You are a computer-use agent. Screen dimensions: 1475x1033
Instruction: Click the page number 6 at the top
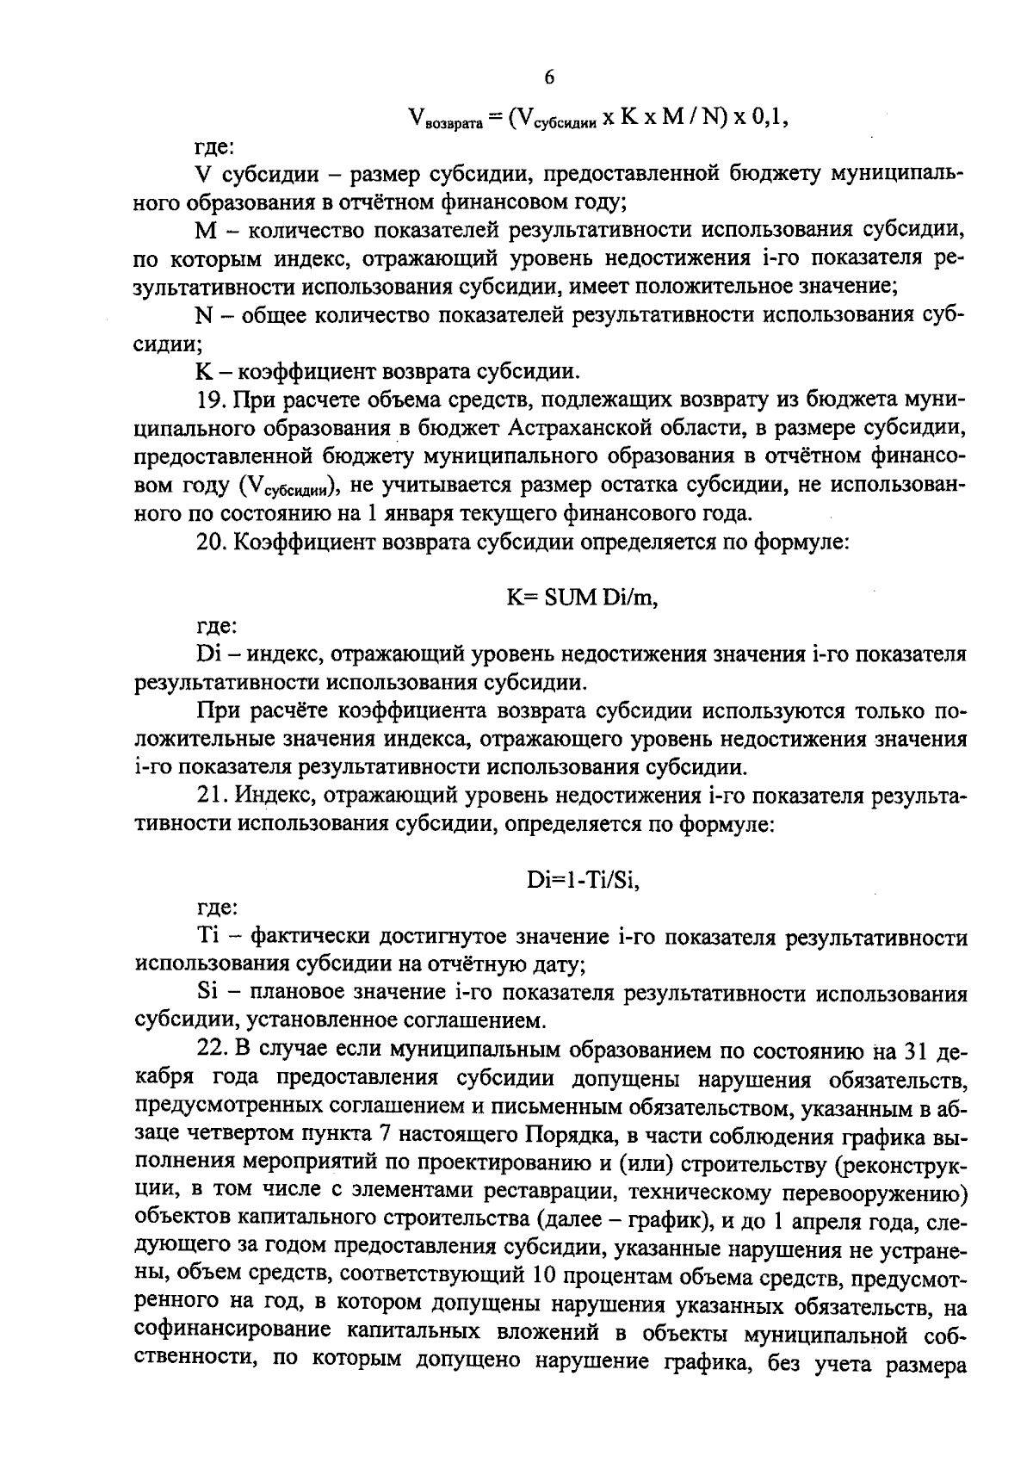pos(549,77)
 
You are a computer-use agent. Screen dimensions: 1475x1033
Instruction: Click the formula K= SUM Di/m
pos(582,598)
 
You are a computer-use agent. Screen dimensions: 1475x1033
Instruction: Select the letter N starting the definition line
pos(204,316)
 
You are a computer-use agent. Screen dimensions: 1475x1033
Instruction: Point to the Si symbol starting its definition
pos(207,994)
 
